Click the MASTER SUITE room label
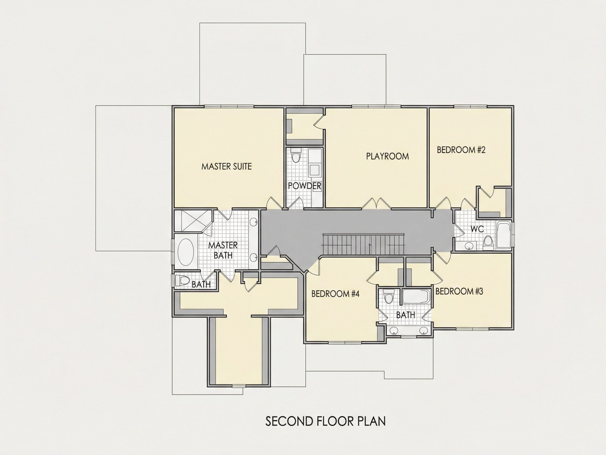226,166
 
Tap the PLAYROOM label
387,156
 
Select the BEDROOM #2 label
461,150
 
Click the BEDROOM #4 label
335,294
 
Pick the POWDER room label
305,186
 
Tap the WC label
477,229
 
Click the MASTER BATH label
223,250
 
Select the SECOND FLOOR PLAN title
325,421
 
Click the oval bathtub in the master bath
186,252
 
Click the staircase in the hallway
363,244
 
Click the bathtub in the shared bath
416,296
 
